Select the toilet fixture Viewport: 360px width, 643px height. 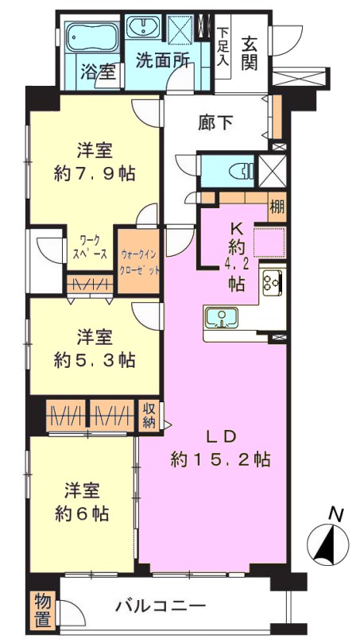coord(242,171)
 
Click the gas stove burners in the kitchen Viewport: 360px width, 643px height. coord(273,282)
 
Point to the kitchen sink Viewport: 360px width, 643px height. coord(222,317)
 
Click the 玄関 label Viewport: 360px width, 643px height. coord(249,53)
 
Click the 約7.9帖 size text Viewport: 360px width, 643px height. coord(95,175)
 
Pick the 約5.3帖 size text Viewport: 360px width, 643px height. coord(95,361)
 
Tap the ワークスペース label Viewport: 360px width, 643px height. coord(91,248)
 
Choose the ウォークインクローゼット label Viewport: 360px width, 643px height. coord(138,263)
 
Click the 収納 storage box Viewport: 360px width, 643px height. coord(149,416)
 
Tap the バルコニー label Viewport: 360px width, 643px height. coord(160,606)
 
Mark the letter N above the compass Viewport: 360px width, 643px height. coord(337,513)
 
